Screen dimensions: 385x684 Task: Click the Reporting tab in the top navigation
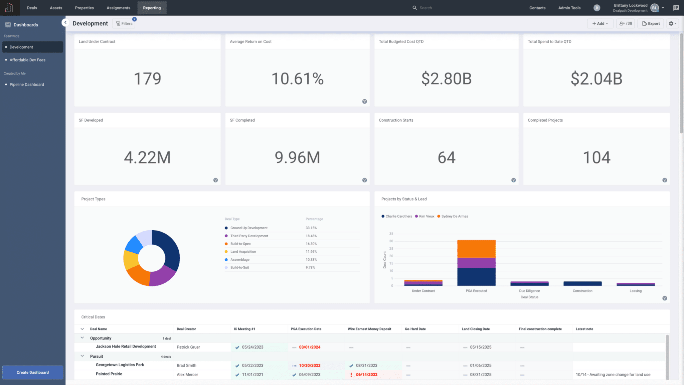[x=152, y=8]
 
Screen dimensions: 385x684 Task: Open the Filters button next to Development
[x=124, y=23]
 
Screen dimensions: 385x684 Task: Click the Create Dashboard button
[x=33, y=372]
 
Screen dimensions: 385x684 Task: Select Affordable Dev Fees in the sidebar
[x=27, y=60]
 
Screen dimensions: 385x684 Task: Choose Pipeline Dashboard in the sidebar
[x=27, y=85]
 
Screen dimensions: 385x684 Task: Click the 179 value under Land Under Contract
[x=147, y=79]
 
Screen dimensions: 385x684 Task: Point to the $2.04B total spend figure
[x=596, y=79]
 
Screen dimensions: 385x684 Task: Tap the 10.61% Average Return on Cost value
[x=297, y=79]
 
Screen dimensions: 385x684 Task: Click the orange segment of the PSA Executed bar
[x=476, y=249]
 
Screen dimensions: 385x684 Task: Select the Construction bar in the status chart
[x=582, y=283]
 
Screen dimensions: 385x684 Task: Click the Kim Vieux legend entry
[x=426, y=216]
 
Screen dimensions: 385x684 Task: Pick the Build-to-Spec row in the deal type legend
[x=240, y=244]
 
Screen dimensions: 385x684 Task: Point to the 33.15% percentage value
[x=311, y=228]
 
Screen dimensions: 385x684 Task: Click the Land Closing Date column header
[x=476, y=329]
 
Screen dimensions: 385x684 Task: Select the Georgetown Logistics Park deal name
[x=120, y=365]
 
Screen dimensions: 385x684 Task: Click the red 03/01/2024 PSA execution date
[x=310, y=347]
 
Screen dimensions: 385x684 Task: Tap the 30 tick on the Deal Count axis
[x=391, y=241]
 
